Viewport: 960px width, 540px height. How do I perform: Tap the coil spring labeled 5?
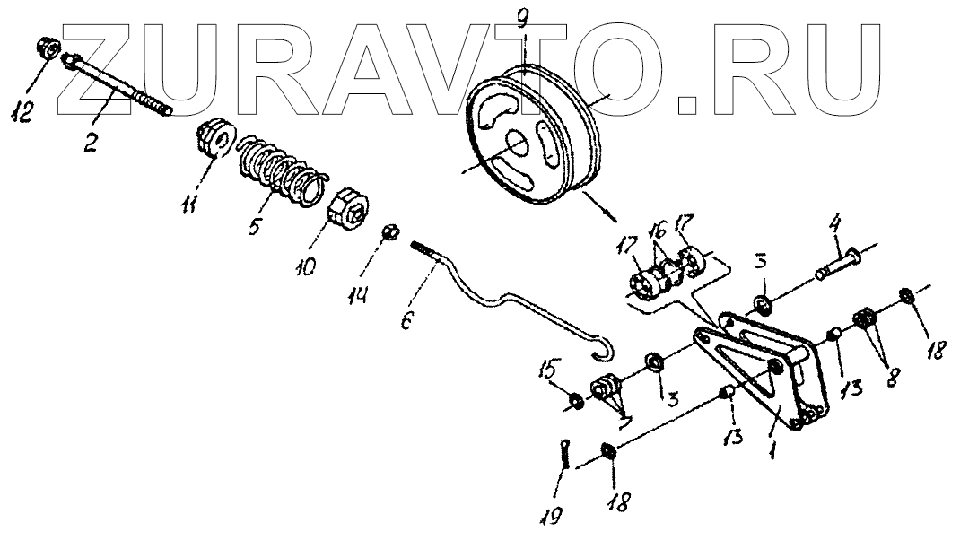click(278, 169)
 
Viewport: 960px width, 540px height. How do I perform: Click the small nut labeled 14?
click(389, 232)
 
